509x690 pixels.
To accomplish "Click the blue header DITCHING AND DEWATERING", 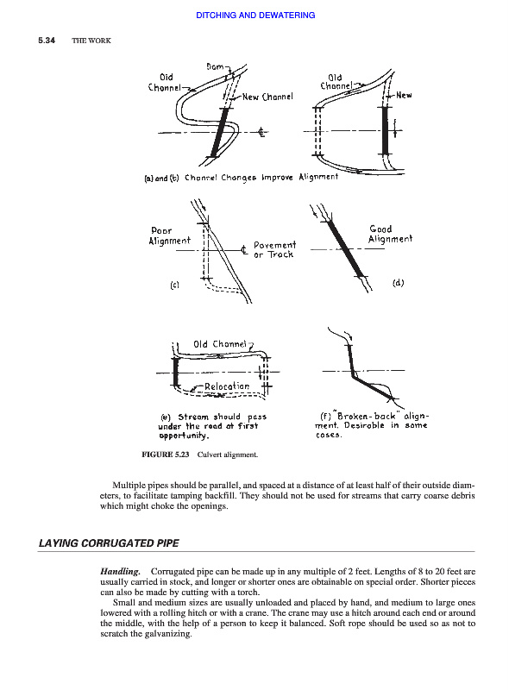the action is click(255, 15).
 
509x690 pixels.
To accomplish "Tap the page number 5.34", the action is click(47, 41).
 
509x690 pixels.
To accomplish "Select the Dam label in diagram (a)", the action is click(216, 67).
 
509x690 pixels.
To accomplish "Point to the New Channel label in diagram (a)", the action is click(267, 97).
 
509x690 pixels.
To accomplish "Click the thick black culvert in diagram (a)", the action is click(220, 132).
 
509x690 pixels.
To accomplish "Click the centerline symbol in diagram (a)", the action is click(261, 132).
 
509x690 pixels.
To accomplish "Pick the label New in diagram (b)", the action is click(404, 95).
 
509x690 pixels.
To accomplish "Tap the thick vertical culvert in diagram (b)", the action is click(386, 130).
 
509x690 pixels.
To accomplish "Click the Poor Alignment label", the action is click(170, 235).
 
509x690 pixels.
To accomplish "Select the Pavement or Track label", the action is click(274, 249).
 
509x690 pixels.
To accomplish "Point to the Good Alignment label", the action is click(390, 234).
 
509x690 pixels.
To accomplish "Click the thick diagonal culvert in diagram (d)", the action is click(346, 248).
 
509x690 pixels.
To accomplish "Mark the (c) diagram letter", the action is click(175, 285).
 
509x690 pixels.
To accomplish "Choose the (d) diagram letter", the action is click(398, 283).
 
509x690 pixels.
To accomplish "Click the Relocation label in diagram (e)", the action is click(227, 386).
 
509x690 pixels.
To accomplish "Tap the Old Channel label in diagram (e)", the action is click(220, 343).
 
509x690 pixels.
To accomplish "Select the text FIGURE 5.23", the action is click(165, 455).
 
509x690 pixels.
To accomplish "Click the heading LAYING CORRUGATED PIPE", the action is click(109, 543).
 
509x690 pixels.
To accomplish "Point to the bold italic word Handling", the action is click(120, 572).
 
